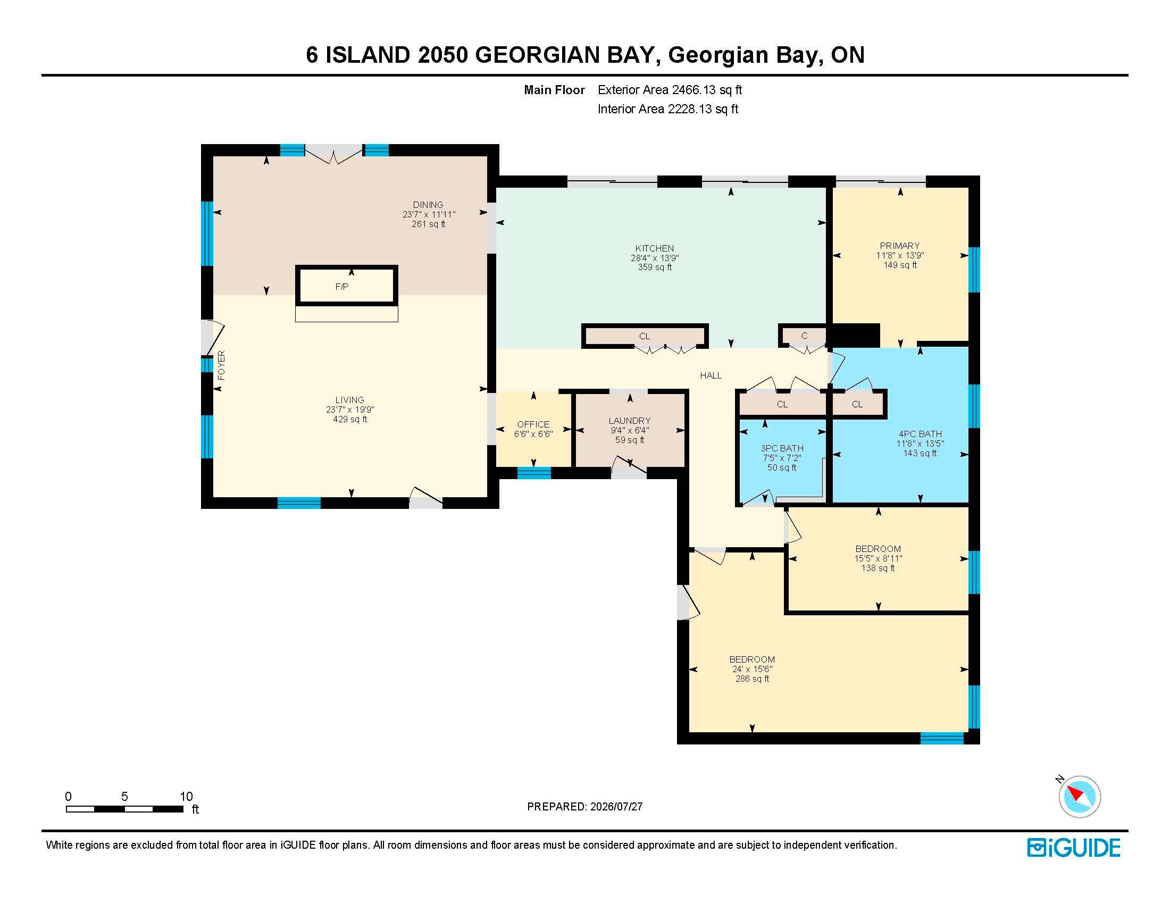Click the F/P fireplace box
click(x=347, y=286)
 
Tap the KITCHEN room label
click(x=654, y=248)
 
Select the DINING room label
click(x=428, y=205)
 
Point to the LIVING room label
click(x=349, y=400)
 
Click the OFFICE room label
click(x=533, y=424)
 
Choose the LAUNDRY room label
click(x=630, y=421)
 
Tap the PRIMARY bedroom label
click(x=899, y=246)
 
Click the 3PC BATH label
click(x=782, y=448)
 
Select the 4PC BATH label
click(x=920, y=434)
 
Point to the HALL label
click(x=711, y=375)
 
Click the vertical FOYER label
click(x=221, y=365)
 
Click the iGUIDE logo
click(x=1074, y=848)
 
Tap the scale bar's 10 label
click(x=186, y=797)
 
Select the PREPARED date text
click(x=584, y=807)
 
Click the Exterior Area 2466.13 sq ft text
click(x=670, y=90)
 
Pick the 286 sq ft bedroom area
click(x=752, y=679)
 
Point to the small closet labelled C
click(x=804, y=336)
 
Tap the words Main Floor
click(x=555, y=90)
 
